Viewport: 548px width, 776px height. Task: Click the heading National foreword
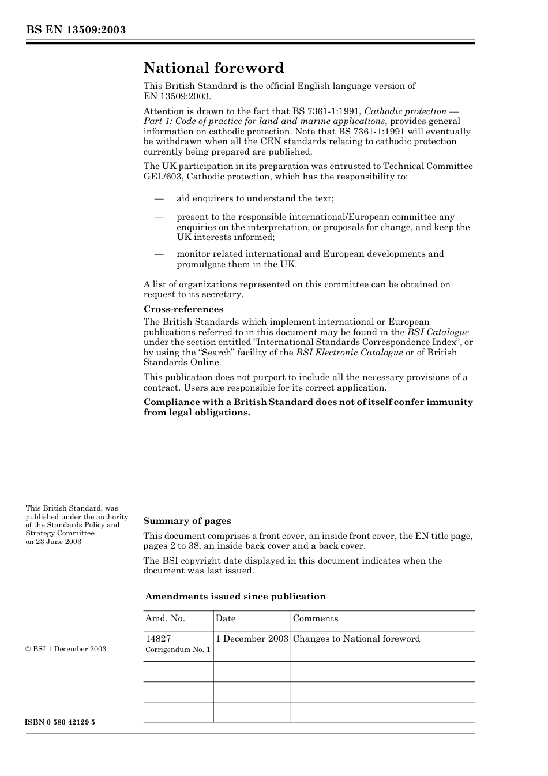(x=213, y=68)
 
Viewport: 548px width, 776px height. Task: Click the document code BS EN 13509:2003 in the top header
(x=76, y=30)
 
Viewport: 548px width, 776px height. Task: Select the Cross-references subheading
(x=183, y=309)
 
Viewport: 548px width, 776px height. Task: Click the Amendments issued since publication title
(x=235, y=597)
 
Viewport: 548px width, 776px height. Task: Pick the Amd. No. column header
(x=165, y=618)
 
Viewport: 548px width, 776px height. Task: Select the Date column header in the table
(x=226, y=618)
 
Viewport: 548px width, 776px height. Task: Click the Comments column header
(x=316, y=618)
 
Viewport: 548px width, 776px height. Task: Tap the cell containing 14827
(x=158, y=639)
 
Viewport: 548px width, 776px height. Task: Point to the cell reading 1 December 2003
(x=252, y=639)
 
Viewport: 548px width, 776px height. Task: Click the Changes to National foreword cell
(x=356, y=639)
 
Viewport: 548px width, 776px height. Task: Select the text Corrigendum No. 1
(x=178, y=650)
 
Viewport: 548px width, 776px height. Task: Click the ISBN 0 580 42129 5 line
(x=60, y=722)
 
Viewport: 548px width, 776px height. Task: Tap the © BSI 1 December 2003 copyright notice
(x=66, y=649)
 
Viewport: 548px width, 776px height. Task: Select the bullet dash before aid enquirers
(x=159, y=199)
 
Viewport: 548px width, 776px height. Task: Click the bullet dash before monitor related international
(x=159, y=254)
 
